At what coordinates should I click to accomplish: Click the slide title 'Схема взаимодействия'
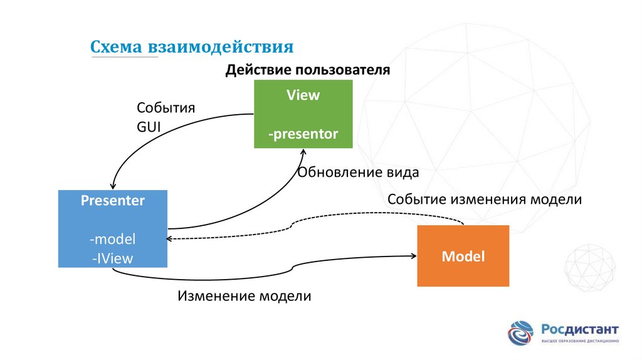[192, 47]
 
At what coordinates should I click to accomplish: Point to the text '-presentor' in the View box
[303, 134]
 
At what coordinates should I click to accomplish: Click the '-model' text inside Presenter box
[113, 240]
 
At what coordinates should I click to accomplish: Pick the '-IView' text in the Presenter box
[113, 257]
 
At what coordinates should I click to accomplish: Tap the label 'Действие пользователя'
[308, 70]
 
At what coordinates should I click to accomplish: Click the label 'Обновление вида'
[358, 172]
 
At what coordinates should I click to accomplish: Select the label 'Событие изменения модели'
[485, 199]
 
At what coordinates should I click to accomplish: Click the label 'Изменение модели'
[244, 295]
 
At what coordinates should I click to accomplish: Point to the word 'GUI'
[149, 125]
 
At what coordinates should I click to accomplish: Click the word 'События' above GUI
[166, 107]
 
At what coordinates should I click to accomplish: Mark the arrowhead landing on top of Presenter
[112, 186]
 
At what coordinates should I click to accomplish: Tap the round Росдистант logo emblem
[521, 332]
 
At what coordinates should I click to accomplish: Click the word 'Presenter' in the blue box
[113, 201]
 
